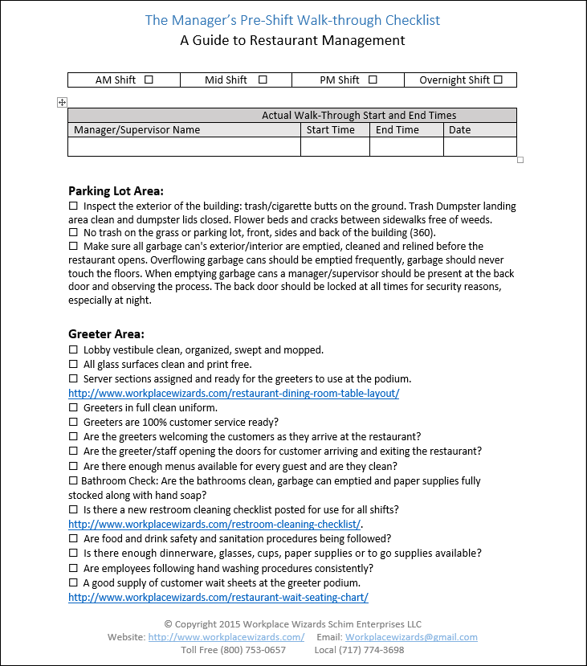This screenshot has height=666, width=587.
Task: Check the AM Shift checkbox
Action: tap(149, 80)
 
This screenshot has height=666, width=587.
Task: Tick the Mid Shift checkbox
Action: tap(263, 80)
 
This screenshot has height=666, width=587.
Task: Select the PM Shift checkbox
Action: tap(373, 80)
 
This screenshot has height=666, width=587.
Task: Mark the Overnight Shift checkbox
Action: tap(498, 80)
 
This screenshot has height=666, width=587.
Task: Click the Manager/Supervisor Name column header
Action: tap(137, 130)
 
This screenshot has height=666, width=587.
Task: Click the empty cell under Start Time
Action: tap(335, 147)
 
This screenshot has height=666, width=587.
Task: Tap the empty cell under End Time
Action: tap(406, 147)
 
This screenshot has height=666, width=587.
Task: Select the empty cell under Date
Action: tap(479, 147)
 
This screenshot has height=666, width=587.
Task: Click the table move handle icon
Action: tap(62, 102)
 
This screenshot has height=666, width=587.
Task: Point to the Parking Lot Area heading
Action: tap(116, 191)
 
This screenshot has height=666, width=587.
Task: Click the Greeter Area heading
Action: tap(106, 334)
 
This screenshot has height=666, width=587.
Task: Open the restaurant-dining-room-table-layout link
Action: tap(234, 394)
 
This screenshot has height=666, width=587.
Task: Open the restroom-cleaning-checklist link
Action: tap(214, 525)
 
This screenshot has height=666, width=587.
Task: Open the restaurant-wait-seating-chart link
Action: tap(218, 598)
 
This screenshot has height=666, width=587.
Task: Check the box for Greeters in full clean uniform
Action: tap(73, 408)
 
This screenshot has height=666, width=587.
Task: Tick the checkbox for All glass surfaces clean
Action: tap(73, 365)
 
